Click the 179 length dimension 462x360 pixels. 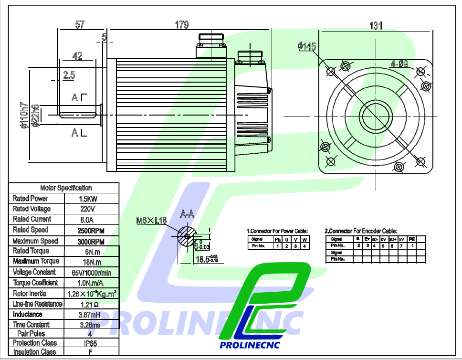(182, 25)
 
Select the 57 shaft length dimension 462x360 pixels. (80, 25)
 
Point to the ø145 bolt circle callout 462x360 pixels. (306, 46)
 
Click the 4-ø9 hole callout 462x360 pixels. (399, 64)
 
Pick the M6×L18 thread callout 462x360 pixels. (151, 221)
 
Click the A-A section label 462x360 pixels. (187, 214)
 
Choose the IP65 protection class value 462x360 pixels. (90, 343)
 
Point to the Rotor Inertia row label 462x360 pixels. (30, 293)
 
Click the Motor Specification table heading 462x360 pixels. (66, 188)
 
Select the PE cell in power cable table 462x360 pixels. (277, 239)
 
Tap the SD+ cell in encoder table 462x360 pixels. (392, 239)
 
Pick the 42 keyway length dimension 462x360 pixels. (77, 56)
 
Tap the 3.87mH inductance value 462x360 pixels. (90, 315)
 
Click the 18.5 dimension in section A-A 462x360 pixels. (203, 259)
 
